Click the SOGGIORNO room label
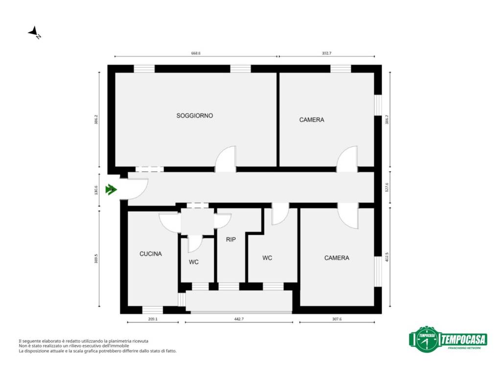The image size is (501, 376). (195, 116)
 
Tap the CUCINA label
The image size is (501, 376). (151, 254)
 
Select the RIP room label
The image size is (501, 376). (231, 239)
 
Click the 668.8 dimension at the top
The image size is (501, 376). (196, 53)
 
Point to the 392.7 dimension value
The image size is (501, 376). (326, 53)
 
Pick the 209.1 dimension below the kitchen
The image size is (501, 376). (153, 319)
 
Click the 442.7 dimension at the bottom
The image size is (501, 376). (239, 319)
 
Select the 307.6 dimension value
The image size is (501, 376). (337, 319)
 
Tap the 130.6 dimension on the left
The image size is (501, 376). (96, 189)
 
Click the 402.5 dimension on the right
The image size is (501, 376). (387, 257)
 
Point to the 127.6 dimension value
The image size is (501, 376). (387, 188)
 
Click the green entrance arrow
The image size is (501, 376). (111, 189)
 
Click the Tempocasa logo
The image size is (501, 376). (448, 339)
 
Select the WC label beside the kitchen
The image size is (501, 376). (194, 262)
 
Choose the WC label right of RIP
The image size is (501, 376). (267, 258)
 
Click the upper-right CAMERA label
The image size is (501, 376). (312, 120)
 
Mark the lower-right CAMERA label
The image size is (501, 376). (337, 258)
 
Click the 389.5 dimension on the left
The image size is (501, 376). (96, 258)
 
